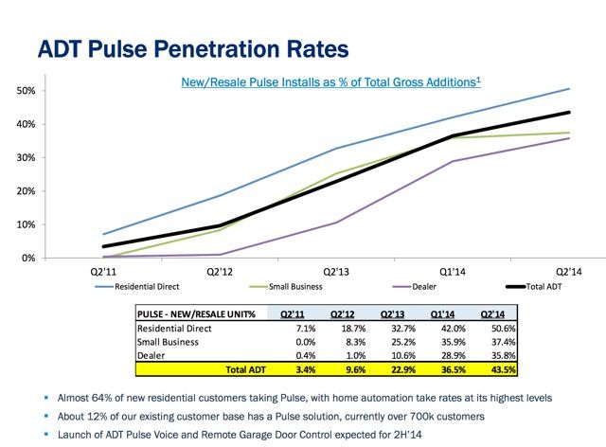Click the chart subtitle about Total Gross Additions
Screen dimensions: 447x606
[x=330, y=82]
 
